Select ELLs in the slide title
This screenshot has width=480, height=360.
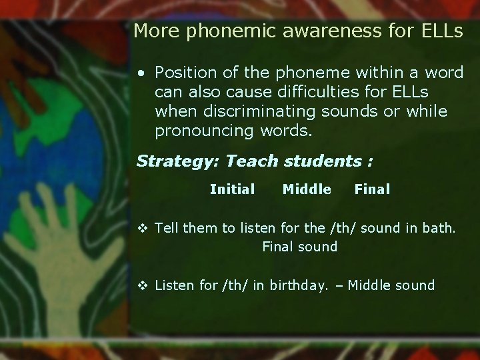coord(439,31)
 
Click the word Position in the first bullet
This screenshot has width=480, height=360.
coord(185,72)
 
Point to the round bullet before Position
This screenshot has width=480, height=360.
coord(142,73)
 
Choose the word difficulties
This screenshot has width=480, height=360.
coord(291,91)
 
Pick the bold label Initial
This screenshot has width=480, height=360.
coord(232,189)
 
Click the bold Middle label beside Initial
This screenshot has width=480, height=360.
coord(307,189)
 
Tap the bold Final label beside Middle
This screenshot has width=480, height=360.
coord(372,189)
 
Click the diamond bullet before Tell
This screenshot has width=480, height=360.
coord(142,228)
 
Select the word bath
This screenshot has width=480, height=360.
coord(440,228)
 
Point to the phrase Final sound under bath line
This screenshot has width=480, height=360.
coord(299,247)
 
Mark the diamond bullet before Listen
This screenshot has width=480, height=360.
coord(142,286)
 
